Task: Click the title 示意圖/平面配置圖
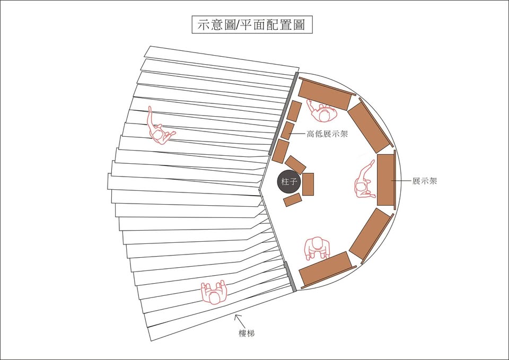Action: [252, 25]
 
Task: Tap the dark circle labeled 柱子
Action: [289, 182]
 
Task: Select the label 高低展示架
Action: [327, 134]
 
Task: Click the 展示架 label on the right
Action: [425, 181]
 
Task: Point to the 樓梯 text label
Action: [247, 333]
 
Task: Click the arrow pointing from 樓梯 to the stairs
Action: [240, 321]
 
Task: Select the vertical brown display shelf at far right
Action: [387, 180]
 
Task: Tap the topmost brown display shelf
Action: [326, 93]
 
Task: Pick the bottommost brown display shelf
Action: [326, 270]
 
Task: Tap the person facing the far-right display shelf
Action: [364, 180]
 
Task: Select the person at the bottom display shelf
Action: [317, 248]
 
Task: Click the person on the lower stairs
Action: [214, 293]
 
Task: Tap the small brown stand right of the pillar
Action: [308, 184]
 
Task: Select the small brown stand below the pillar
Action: [293, 200]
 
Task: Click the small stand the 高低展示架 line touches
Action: [287, 130]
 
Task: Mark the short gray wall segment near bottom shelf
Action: [290, 277]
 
